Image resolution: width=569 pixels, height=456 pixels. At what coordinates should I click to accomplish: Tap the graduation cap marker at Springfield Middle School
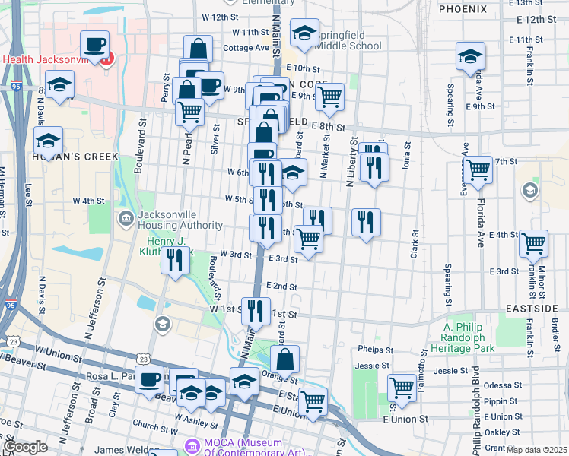tap(304, 33)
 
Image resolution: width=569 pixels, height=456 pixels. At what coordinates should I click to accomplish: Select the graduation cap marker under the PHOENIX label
tap(470, 55)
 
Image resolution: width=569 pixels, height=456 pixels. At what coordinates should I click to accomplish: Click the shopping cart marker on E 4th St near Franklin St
tap(533, 243)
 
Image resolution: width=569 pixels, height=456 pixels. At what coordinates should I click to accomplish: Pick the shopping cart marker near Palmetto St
tap(402, 388)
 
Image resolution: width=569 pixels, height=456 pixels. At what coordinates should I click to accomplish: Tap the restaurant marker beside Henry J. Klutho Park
tap(176, 260)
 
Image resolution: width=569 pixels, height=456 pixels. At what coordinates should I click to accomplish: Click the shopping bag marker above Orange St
tap(284, 359)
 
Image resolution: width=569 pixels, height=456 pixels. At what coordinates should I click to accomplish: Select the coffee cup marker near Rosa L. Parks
tap(150, 379)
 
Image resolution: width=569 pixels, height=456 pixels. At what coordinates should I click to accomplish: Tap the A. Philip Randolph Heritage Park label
tap(469, 337)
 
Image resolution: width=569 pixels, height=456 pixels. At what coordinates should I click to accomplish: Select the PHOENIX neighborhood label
tap(463, 9)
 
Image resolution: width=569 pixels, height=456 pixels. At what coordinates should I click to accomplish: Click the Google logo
tap(25, 448)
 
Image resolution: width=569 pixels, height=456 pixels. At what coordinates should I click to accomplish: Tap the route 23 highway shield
tap(143, 358)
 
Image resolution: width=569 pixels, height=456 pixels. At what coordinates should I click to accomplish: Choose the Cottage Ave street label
tap(246, 47)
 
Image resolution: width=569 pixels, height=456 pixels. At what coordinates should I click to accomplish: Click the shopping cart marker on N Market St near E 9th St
tap(329, 97)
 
